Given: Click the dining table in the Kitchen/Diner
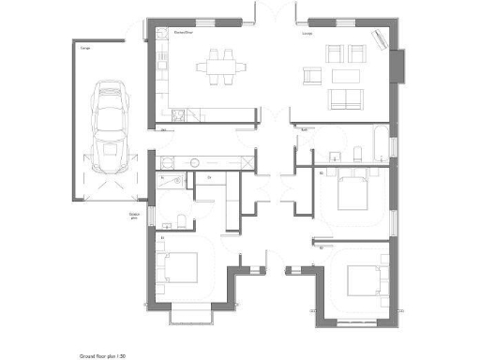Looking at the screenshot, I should tap(221, 67).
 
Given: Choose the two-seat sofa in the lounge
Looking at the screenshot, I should tap(344, 99).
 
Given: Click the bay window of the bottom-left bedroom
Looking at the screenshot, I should tap(195, 310).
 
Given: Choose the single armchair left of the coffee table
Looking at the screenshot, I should tap(313, 75).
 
